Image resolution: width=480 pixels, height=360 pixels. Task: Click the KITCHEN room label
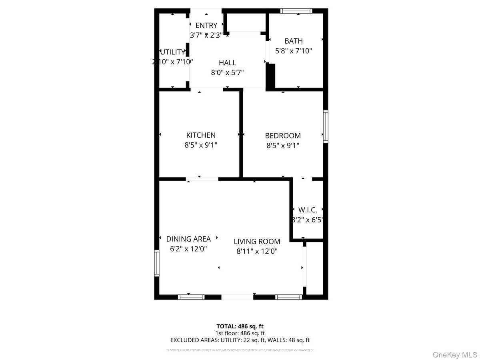point(201,136)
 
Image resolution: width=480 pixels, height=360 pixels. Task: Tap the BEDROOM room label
point(283,136)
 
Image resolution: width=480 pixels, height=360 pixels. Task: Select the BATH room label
point(293,41)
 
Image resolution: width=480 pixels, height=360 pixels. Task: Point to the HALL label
point(227,63)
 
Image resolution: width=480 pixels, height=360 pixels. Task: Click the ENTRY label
point(206,26)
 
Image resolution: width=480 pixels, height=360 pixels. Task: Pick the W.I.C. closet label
point(308,210)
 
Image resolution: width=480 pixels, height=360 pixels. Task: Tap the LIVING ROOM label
point(257,242)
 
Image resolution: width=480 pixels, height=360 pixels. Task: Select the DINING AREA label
point(188,239)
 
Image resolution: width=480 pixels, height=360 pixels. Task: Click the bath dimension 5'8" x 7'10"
point(293,51)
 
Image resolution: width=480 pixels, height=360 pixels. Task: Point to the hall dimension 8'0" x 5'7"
point(227,72)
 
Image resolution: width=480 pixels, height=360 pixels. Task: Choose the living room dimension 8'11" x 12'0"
point(257,251)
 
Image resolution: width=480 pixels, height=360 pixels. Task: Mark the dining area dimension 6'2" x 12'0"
point(188,249)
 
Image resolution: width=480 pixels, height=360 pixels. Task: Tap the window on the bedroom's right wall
point(326,126)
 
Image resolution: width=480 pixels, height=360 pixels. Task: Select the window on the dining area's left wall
point(157,263)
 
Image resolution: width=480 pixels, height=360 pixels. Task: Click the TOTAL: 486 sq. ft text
point(240,326)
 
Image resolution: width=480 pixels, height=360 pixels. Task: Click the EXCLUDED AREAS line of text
point(240,340)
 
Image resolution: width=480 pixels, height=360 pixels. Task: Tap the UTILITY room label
point(173,52)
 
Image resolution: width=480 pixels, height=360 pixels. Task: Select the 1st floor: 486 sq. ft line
point(240,333)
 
